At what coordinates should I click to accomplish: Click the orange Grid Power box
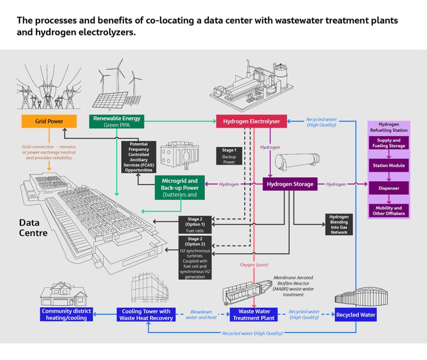[49, 121]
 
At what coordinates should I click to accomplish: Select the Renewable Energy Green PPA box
[117, 121]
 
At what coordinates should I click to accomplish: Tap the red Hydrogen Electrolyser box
[252, 121]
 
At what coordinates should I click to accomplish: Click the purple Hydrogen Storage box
[290, 184]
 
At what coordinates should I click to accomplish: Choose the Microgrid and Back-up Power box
[179, 188]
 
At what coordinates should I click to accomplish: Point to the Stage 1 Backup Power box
[229, 156]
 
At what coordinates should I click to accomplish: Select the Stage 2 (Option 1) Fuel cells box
[194, 224]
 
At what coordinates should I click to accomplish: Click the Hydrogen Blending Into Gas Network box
[339, 224]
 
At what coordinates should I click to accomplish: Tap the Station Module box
[389, 165]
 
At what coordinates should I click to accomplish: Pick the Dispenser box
[389, 188]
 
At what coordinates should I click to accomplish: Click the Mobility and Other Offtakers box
[389, 211]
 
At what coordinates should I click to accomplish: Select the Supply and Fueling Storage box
[389, 143]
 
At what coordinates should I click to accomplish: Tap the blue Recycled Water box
[356, 315]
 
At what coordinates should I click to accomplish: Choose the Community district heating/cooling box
[66, 315]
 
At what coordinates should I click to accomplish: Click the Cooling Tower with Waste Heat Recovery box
[146, 315]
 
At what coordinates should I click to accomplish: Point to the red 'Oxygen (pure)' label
[254, 265]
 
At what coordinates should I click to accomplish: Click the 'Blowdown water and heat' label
[201, 315]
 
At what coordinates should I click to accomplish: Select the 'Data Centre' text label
[33, 228]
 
